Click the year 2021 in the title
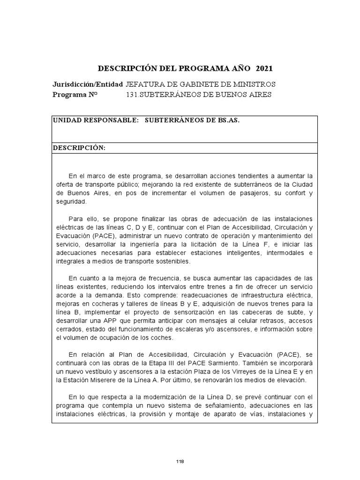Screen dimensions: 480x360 pyautogui.click(x=264, y=68)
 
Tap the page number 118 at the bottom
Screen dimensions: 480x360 pyautogui.click(x=180, y=462)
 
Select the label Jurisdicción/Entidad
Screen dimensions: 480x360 pyautogui.click(x=88, y=84)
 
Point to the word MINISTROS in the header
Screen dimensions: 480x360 pyautogui.click(x=254, y=84)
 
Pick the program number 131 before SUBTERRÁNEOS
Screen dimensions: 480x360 pyautogui.click(x=132, y=94)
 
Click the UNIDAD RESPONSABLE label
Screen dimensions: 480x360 pyautogui.click(x=96, y=120)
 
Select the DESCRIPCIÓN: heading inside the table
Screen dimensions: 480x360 pyautogui.click(x=79, y=148)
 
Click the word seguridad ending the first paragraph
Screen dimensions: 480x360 pyautogui.click(x=71, y=202)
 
